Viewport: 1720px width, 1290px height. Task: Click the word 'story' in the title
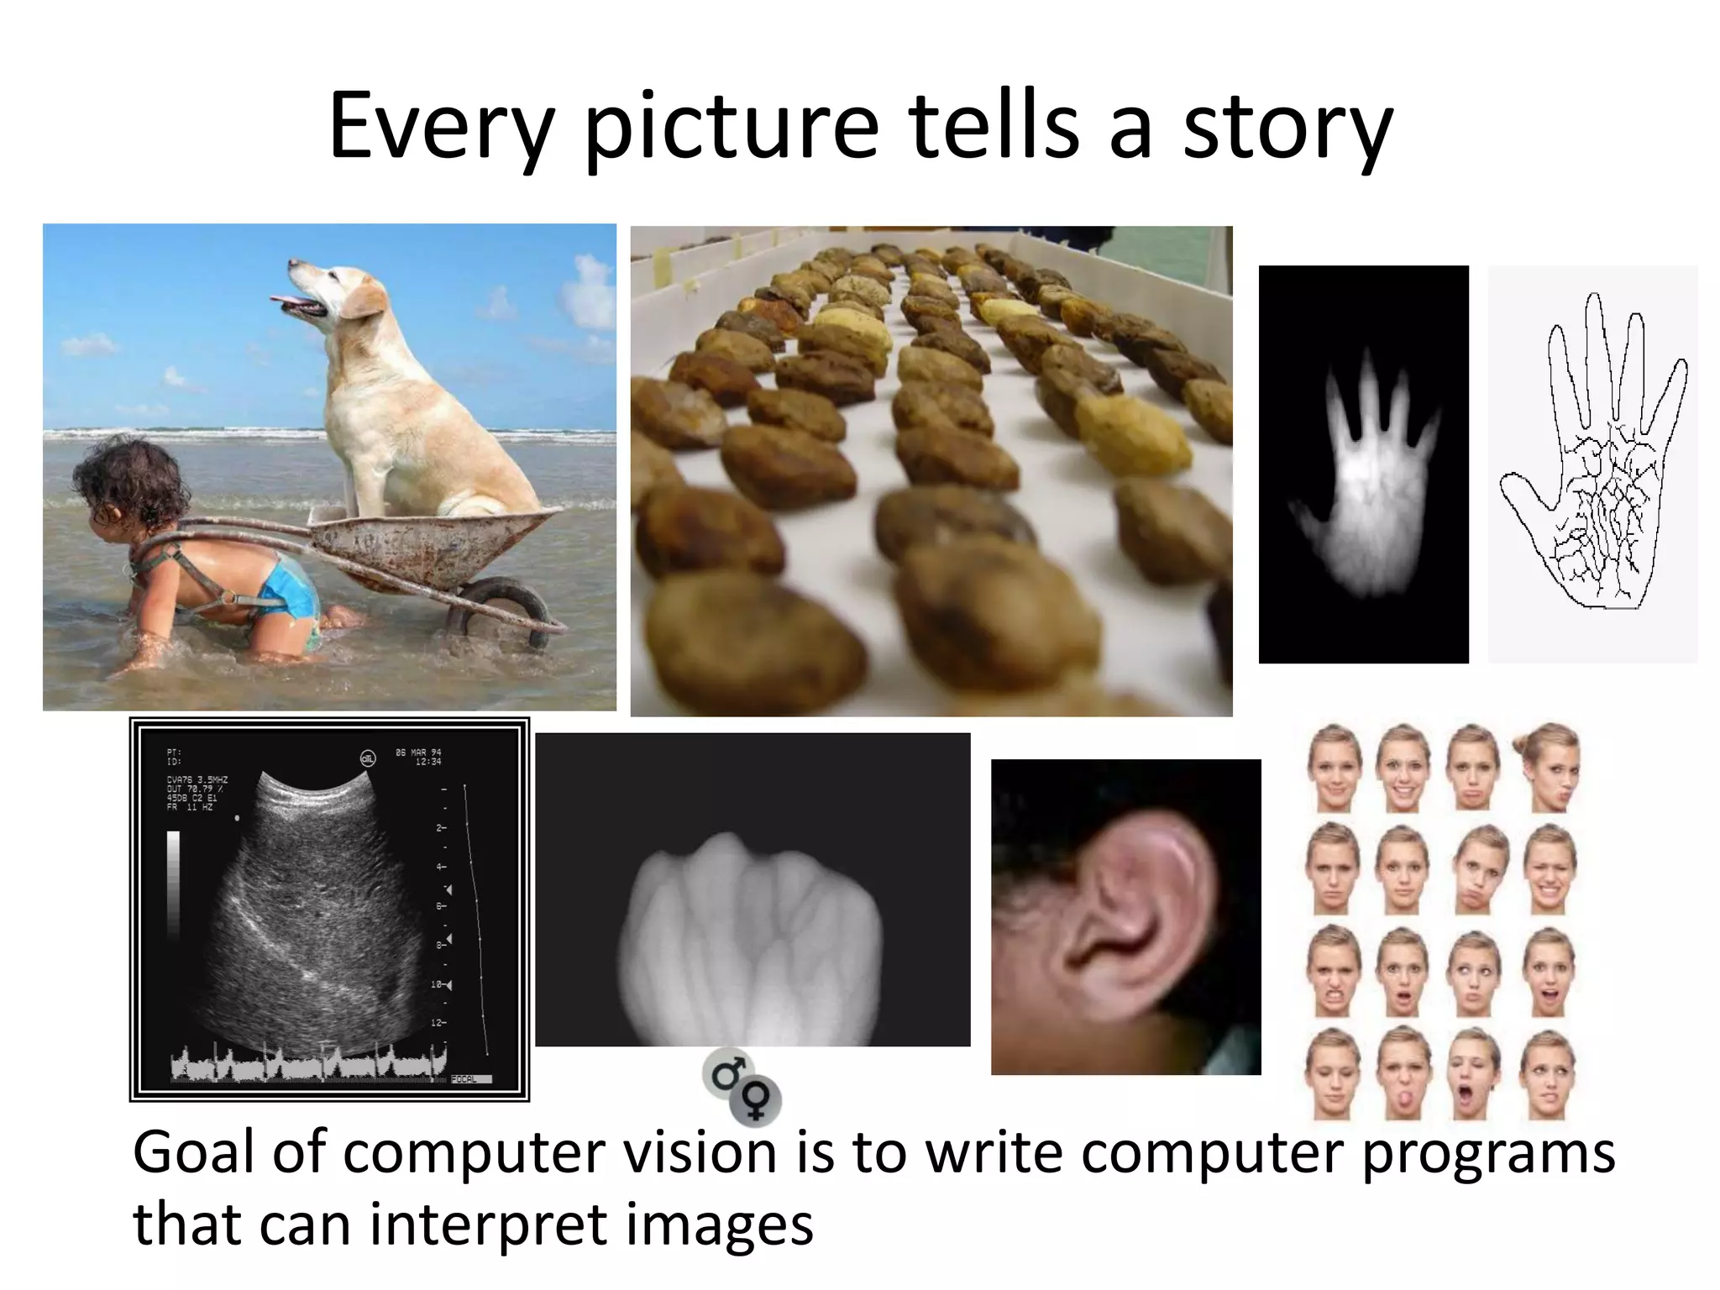click(1287, 128)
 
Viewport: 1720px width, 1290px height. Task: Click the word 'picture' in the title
click(732, 128)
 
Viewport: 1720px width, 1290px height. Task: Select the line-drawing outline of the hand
click(1592, 462)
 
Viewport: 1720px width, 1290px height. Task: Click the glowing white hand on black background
click(1363, 479)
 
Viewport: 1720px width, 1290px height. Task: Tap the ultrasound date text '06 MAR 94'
click(418, 752)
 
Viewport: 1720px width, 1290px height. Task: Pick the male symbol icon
click(726, 1072)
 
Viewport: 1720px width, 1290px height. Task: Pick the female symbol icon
click(756, 1099)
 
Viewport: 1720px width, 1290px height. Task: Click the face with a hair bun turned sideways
click(1547, 767)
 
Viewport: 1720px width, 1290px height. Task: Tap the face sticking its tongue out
click(1403, 1075)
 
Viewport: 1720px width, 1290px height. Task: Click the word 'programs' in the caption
click(1487, 1154)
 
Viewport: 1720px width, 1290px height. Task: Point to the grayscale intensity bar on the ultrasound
click(173, 882)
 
